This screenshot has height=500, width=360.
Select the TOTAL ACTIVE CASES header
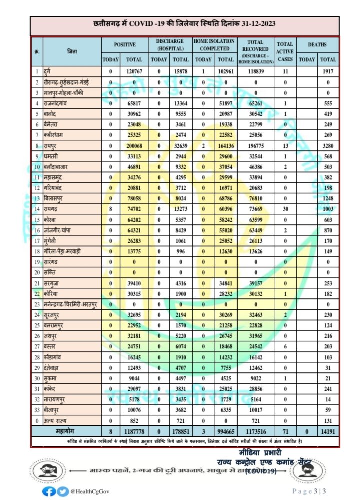(285, 51)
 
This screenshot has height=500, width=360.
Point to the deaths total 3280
(328, 146)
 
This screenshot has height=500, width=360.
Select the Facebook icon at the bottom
(49, 491)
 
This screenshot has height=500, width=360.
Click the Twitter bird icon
(62, 491)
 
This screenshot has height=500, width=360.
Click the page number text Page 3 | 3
(310, 491)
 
